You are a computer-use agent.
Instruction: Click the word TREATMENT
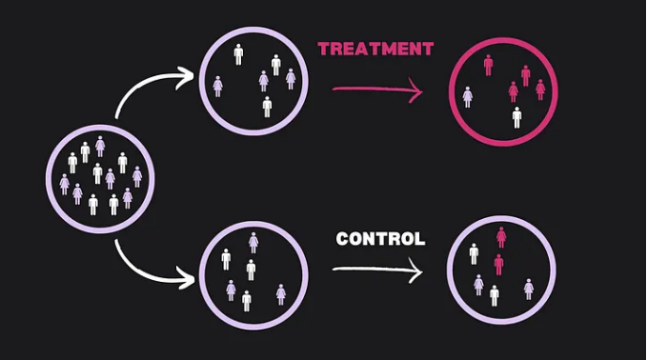[375, 50]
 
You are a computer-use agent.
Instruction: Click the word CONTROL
[380, 239]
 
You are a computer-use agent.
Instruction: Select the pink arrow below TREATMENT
[377, 90]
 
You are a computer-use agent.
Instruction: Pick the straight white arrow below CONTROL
[377, 270]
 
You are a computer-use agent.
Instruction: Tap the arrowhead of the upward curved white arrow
[185, 77]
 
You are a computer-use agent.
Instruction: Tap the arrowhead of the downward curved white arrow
[186, 277]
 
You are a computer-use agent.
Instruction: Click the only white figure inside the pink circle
[516, 117]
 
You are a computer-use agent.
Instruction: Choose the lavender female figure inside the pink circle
[468, 97]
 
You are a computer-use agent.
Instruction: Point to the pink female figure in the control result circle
[501, 237]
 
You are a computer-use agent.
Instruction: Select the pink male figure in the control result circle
[498, 265]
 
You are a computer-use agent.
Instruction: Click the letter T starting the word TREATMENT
[324, 50]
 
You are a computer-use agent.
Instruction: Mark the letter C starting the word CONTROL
[343, 239]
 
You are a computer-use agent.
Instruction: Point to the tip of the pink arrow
[422, 90]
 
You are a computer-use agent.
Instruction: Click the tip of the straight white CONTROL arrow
[422, 271]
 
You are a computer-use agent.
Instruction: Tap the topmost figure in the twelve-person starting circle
[100, 147]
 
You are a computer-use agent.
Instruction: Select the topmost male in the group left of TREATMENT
[238, 54]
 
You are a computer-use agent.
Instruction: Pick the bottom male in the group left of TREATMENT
[267, 107]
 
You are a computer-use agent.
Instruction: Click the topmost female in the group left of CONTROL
[253, 243]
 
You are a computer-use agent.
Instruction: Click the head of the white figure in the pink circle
[516, 109]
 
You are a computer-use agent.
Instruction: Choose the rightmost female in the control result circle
[529, 290]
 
